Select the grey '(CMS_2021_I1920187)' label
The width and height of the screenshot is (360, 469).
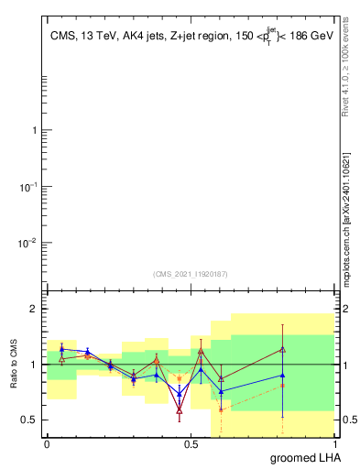click(191, 273)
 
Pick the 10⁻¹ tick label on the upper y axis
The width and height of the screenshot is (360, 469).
click(29, 187)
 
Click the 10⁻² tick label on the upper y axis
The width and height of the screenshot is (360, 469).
click(29, 243)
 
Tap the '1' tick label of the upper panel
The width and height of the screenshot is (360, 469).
click(34, 130)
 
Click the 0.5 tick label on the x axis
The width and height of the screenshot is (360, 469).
click(191, 443)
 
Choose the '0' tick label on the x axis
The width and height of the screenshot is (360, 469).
click(47, 443)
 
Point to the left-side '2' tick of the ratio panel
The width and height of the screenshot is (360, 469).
click(35, 309)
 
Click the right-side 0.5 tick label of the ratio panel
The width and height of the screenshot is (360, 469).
click(349, 420)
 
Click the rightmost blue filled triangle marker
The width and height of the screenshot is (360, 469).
click(283, 375)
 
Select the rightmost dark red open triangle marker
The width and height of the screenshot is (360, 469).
click(283, 349)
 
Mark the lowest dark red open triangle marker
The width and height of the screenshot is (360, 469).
click(180, 411)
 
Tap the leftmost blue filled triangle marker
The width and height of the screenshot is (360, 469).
click(61, 349)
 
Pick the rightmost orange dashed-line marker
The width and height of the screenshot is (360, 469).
click(283, 386)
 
